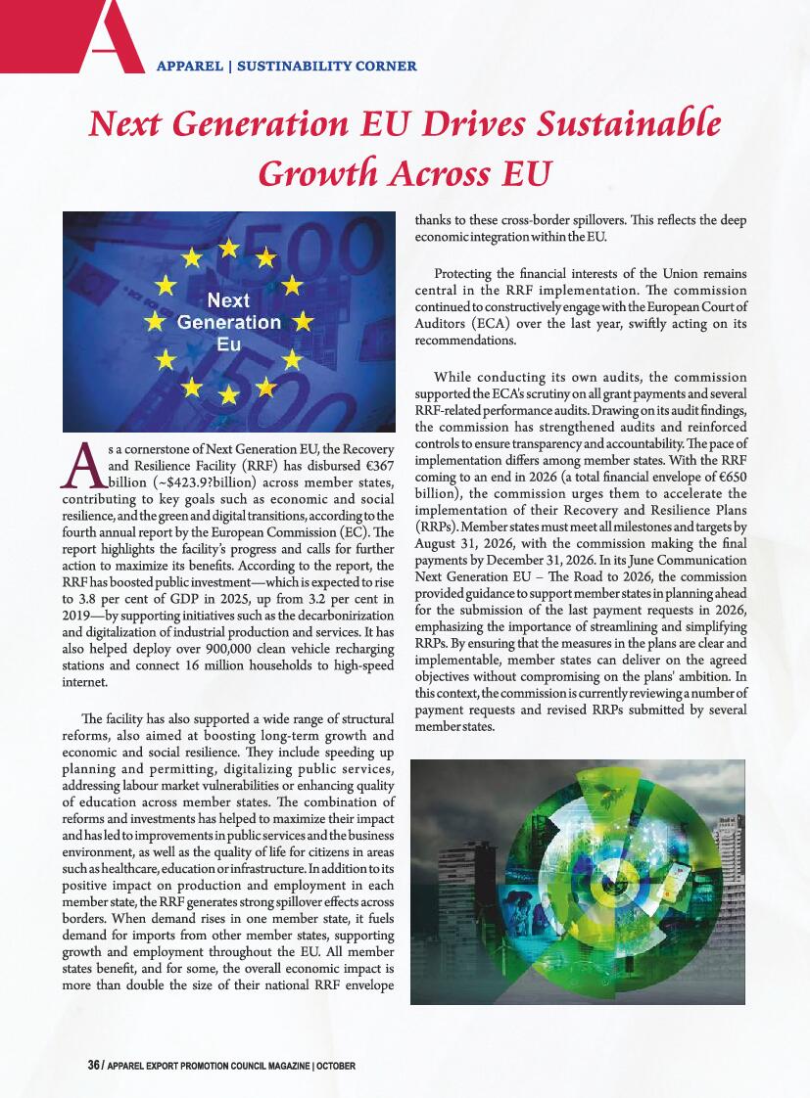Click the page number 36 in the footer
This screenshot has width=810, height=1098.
tap(94, 1065)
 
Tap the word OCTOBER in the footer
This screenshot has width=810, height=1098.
tap(335, 1065)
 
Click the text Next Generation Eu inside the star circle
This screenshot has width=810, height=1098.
tap(228, 322)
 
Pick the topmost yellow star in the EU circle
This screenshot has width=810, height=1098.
tap(228, 249)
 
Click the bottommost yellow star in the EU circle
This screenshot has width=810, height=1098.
tap(228, 395)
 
